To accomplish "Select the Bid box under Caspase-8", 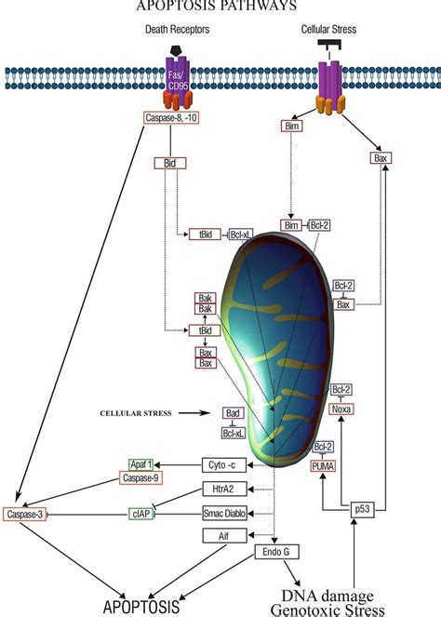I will coord(169,162).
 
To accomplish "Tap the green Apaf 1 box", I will coord(146,463).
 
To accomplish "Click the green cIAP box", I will coord(145,513).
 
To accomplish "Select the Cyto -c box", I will coord(228,463).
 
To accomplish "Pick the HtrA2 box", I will coord(228,489).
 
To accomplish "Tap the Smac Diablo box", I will coord(228,512).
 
